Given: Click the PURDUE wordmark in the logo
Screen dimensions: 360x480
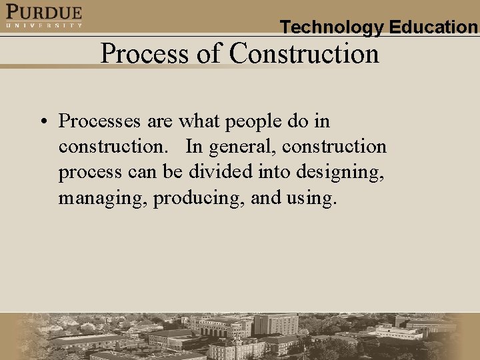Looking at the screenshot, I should [44, 12].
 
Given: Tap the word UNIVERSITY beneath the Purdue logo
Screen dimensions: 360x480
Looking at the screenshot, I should [44, 25].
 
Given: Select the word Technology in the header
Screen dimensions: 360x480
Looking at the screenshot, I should [331, 27].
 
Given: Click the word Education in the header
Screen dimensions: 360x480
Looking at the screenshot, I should [433, 27].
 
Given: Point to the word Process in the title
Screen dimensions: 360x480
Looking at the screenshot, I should [145, 53].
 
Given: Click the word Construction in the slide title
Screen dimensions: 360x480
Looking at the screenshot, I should [304, 53].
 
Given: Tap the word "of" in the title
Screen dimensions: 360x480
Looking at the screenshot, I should [209, 53].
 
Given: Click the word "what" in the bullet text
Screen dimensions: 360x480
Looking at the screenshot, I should [202, 121].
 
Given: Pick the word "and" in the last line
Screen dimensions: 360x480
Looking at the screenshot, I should [266, 197].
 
